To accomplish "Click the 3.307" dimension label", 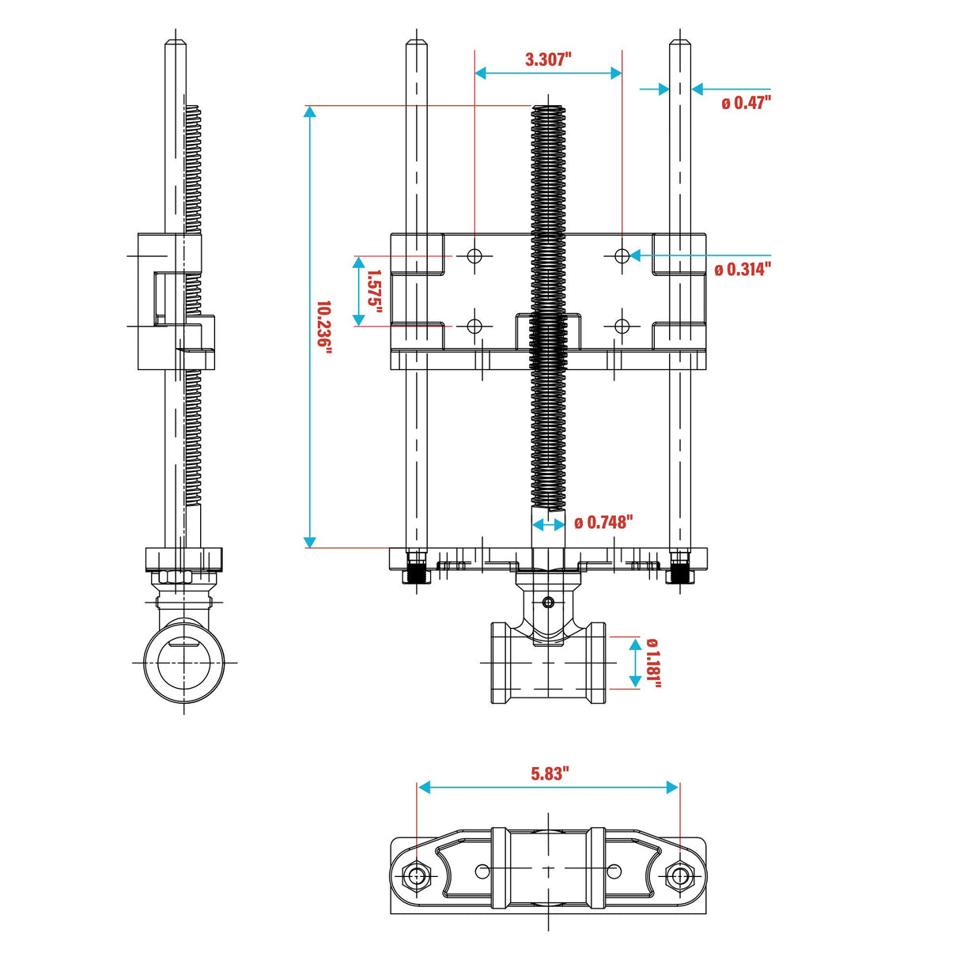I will (548, 59).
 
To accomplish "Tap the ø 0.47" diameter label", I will (746, 103).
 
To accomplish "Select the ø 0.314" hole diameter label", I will (742, 270).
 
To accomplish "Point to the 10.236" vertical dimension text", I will (323, 324).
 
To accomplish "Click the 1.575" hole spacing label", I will (374, 291).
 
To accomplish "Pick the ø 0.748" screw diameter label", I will (603, 523).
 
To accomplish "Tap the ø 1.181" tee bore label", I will (653, 663).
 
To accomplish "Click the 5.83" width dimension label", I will (549, 773).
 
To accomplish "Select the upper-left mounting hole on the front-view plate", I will (474, 255).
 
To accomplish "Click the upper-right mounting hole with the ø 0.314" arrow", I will (622, 255).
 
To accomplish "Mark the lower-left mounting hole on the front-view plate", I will (474, 326).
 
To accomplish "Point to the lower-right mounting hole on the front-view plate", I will (622, 326).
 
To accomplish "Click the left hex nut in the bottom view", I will (416, 875).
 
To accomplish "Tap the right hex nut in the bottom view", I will (679, 875).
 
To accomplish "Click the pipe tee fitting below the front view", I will (548, 663).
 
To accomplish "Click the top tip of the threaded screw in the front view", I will (548, 108).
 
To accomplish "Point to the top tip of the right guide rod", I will (680, 41).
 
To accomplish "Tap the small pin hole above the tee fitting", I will (548, 603).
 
